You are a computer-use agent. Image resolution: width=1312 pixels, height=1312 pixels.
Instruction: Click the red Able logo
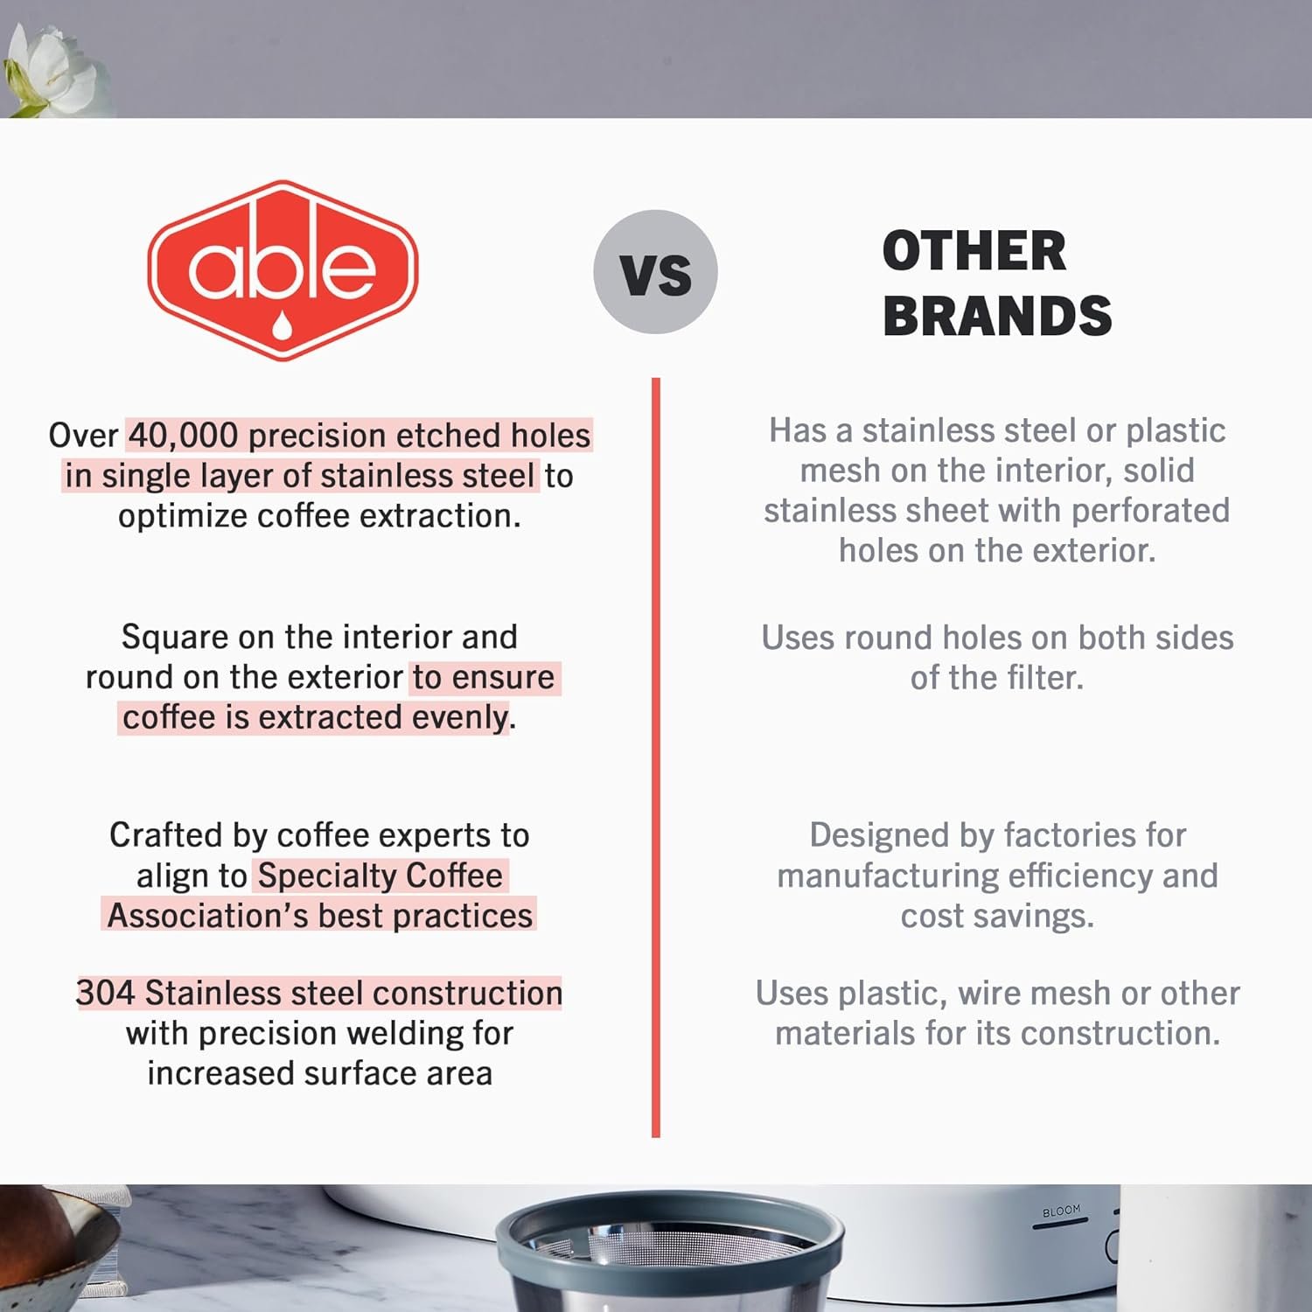coord(283,270)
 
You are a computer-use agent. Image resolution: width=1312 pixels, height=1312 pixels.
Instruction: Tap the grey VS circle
coord(655,272)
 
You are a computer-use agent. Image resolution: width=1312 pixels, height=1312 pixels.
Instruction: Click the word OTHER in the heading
coord(974,251)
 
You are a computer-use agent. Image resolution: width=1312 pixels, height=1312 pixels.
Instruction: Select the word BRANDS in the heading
coord(997,316)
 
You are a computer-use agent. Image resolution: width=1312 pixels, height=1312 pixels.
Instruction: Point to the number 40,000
coord(183,436)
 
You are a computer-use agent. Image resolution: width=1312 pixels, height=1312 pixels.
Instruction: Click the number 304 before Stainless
coord(105,993)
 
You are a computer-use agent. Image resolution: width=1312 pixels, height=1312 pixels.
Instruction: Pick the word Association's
coord(207,916)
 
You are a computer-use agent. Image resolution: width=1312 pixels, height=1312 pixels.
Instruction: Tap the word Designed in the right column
coord(879,835)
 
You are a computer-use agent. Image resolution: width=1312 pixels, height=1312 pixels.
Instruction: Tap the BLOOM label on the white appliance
coord(1061,1211)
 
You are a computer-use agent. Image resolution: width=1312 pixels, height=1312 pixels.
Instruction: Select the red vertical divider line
coord(656,757)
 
